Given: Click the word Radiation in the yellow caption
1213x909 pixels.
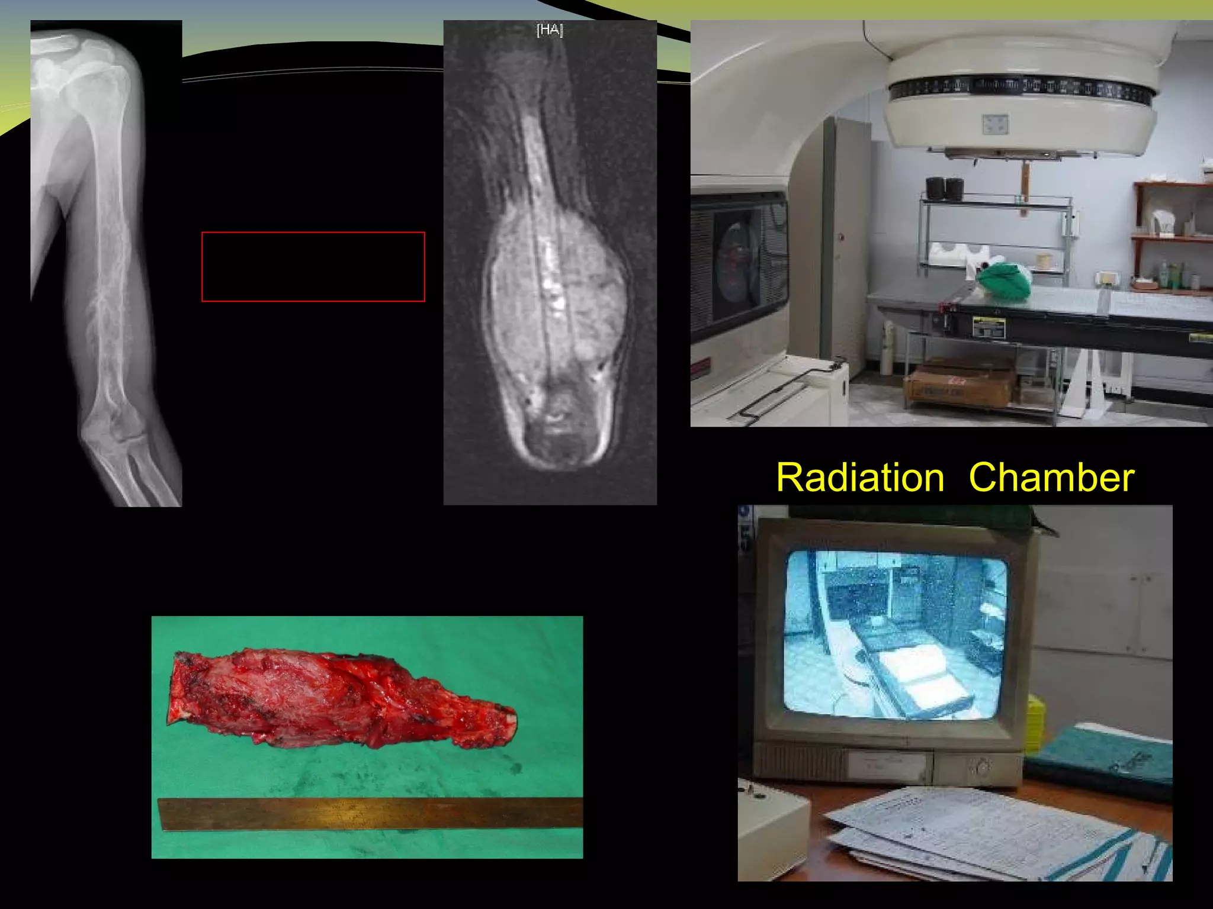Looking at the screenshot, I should coord(860,478).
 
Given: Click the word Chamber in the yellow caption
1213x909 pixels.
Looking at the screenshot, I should coord(1051,478).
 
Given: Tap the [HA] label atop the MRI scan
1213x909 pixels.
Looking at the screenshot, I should coord(550,30).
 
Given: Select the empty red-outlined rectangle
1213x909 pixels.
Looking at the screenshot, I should coord(313,267).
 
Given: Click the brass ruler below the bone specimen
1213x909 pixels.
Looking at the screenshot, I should coord(370,814).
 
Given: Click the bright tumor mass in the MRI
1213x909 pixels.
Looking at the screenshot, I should coord(557,296).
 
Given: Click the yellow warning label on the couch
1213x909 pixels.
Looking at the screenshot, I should coord(988,327).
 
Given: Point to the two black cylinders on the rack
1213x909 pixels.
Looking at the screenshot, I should coord(944,188).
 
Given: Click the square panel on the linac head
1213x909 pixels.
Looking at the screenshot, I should coord(995,124).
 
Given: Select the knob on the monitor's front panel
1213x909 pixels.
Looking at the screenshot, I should coord(982,768).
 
